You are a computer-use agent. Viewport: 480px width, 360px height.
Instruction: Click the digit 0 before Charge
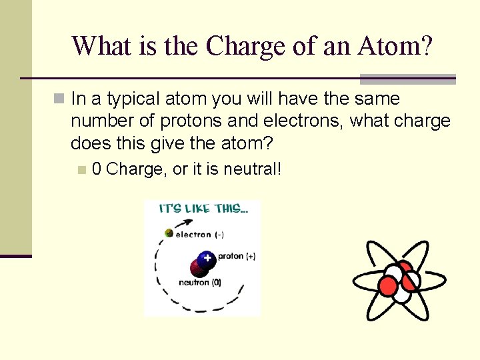click(x=97, y=169)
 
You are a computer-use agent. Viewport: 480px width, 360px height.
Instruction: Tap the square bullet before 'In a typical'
click(x=60, y=99)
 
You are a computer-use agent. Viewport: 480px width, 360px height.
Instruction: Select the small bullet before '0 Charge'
click(x=81, y=170)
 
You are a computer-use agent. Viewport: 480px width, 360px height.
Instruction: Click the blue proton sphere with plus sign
click(x=207, y=258)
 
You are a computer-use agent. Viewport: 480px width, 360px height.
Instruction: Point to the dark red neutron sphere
click(x=198, y=269)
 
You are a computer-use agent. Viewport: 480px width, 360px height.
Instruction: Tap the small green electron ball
click(x=169, y=233)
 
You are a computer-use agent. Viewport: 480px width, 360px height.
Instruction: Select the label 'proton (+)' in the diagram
click(x=236, y=256)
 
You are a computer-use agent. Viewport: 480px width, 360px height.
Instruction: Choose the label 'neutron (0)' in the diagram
click(x=200, y=283)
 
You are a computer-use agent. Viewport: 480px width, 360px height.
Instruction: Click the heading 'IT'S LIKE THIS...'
click(x=204, y=209)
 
